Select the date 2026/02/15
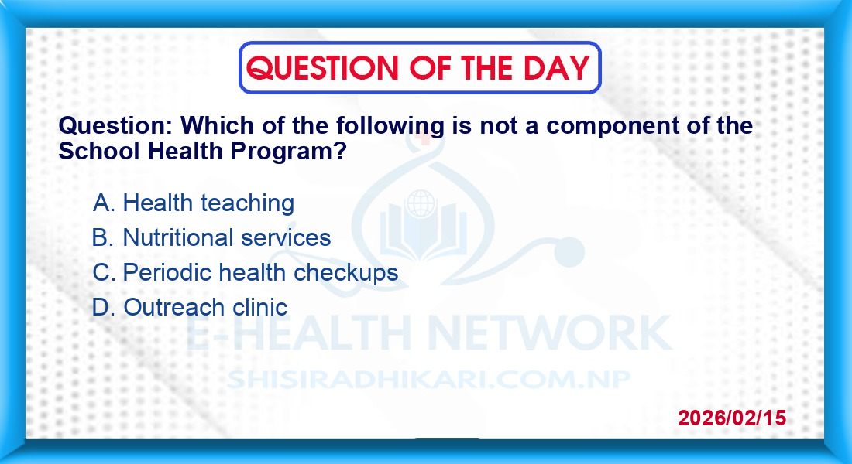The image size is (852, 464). point(732,418)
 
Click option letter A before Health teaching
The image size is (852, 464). point(103,203)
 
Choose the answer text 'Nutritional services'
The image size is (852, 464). point(227,237)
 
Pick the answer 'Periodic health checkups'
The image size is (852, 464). point(260,273)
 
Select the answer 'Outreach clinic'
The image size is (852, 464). point(204,307)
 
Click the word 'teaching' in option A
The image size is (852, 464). point(247,203)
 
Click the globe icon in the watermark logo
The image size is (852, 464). point(421,203)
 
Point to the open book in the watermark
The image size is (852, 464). point(422,232)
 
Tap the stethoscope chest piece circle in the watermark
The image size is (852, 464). point(568,252)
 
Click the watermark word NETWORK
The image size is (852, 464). point(549,332)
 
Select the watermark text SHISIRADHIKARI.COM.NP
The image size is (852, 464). point(428,380)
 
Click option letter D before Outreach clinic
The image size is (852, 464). point(103,307)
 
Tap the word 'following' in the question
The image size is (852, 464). point(390,127)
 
